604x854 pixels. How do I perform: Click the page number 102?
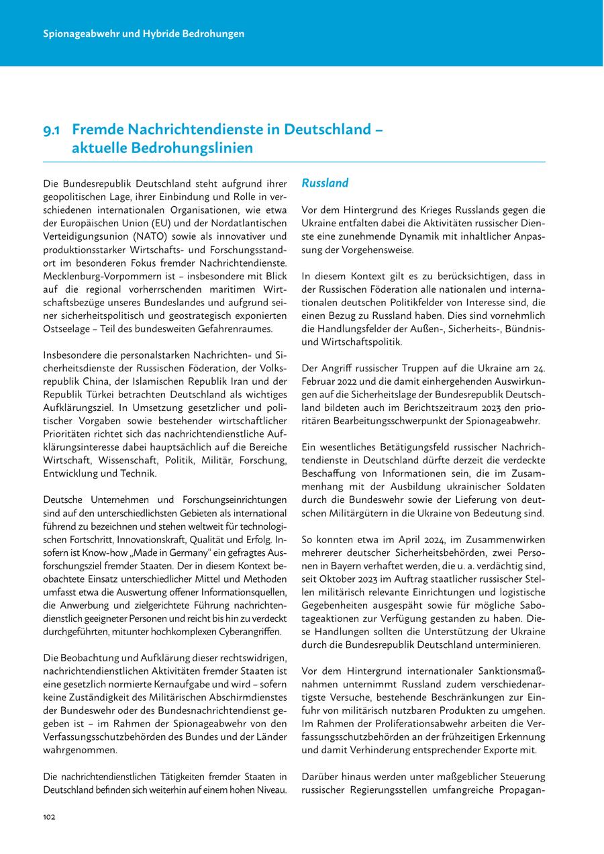point(48,816)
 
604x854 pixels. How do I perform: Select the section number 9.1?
point(53,128)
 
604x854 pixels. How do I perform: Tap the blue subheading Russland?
point(325,183)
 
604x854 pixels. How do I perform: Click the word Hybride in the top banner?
point(156,33)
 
